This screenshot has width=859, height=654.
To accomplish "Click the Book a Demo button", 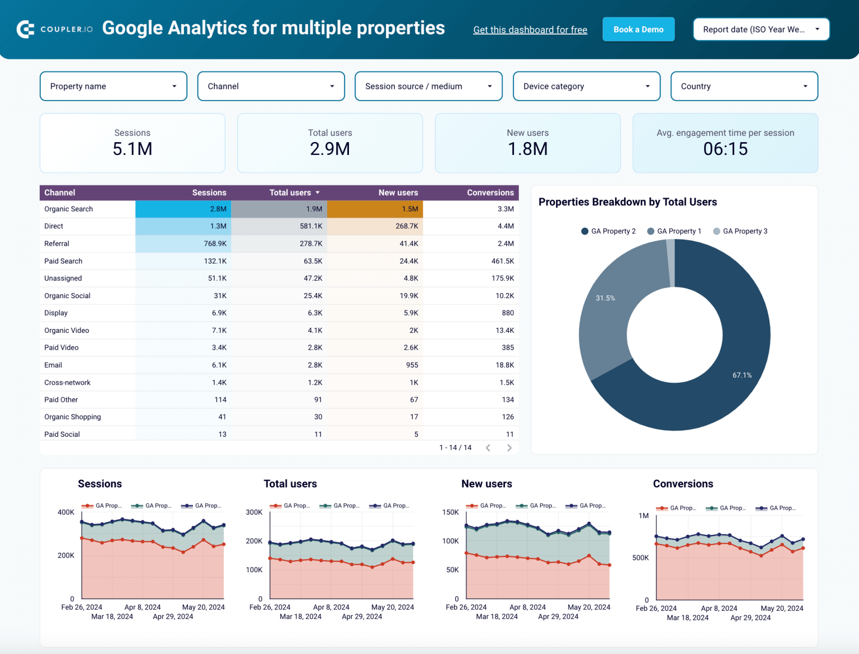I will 638,30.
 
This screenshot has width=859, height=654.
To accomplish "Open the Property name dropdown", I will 114,86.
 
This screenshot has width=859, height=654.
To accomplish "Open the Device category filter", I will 586,86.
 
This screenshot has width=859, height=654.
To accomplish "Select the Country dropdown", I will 744,86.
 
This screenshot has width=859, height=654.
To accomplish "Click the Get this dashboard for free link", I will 530,30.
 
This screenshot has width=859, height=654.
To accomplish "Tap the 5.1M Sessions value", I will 133,149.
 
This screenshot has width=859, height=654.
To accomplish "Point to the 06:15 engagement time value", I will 725,149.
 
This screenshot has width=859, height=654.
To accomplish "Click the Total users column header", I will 290,192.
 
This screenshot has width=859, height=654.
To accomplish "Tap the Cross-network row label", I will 68,383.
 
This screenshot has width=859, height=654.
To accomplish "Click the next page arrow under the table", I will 509,448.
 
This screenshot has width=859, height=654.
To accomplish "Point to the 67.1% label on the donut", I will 742,375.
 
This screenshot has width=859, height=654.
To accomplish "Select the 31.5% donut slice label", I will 605,298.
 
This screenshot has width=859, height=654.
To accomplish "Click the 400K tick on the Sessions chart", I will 66,512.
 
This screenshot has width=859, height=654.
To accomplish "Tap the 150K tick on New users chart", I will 450,512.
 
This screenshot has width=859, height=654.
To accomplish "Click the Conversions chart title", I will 683,484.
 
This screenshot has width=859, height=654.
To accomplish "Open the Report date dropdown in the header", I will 761,30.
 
